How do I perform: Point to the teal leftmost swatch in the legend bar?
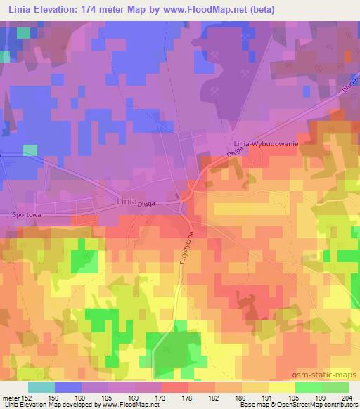point(41,387)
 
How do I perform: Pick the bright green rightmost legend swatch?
point(335,387)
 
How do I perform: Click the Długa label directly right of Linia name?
point(146,204)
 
